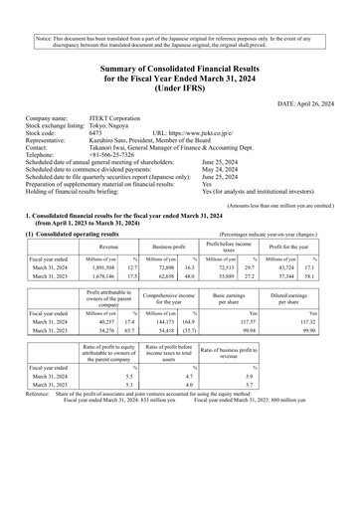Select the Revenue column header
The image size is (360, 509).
(102, 271)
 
